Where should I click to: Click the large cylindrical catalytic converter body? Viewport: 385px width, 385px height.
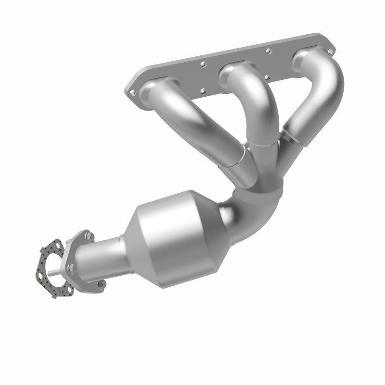[183, 231]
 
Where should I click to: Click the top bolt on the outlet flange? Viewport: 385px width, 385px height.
[90, 236]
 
